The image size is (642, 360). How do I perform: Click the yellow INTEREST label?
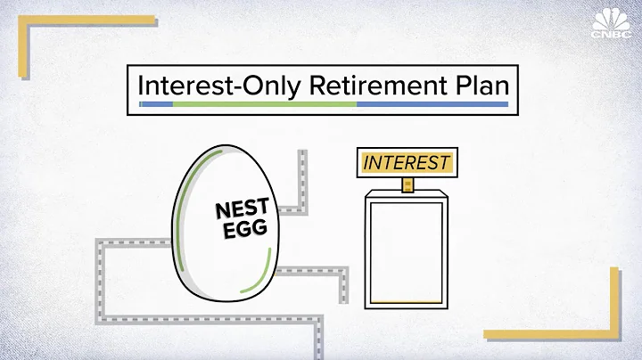click(x=407, y=162)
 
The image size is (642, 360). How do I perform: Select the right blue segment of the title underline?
click(x=432, y=105)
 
